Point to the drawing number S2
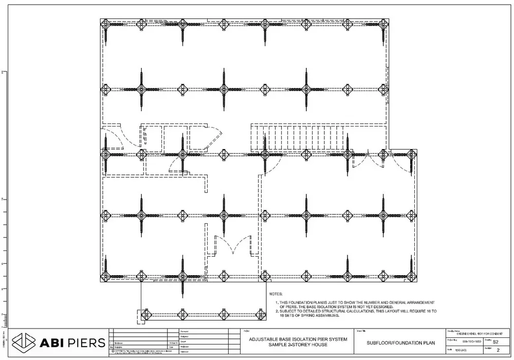pyautogui.click(x=495, y=341)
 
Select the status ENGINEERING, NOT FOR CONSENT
pyautogui.click(x=478, y=333)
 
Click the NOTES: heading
pyautogui.click(x=276, y=294)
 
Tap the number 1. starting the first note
pyautogui.click(x=278, y=302)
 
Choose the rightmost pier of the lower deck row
pyautogui.click(x=259, y=313)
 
